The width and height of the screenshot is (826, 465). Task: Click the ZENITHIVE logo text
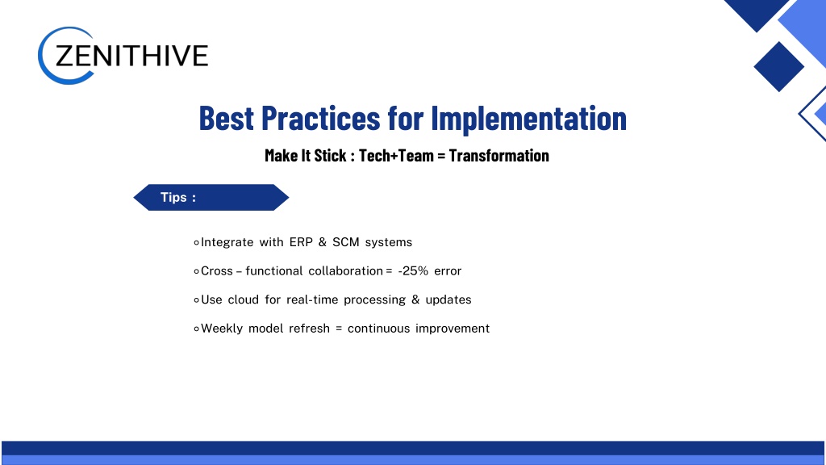click(x=131, y=56)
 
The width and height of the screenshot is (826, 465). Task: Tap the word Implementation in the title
click(x=529, y=118)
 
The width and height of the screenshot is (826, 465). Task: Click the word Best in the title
click(x=226, y=118)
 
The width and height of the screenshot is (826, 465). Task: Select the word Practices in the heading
click(x=320, y=118)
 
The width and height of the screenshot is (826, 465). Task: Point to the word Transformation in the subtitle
click(x=499, y=156)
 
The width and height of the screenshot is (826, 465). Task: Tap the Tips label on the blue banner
click(x=178, y=197)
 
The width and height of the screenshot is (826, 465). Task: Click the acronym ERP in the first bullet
click(x=301, y=242)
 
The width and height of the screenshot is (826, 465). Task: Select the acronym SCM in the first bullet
click(x=345, y=242)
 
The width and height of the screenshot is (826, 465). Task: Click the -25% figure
click(x=413, y=271)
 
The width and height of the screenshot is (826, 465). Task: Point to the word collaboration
click(x=345, y=271)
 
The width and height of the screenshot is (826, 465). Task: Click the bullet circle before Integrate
click(x=197, y=242)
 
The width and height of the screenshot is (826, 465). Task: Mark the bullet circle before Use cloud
click(x=197, y=300)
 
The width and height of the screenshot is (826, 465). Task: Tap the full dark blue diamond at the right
click(x=778, y=67)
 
